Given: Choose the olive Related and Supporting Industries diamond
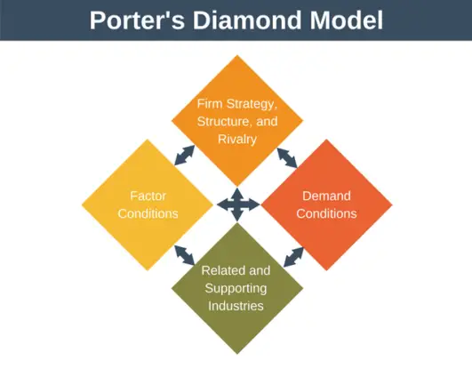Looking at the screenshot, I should coord(236,288).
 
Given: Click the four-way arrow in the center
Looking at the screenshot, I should coord(237,205).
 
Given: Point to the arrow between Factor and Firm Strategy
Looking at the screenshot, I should coord(185,156).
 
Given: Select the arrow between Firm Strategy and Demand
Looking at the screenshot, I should coord(289,156).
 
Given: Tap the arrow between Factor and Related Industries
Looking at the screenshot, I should coord(185,255).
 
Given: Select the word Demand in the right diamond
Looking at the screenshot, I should coord(326,196).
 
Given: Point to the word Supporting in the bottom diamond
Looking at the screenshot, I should coord(236,288).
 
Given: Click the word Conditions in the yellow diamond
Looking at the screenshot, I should coord(148,213).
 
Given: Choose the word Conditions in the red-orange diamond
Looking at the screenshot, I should coord(326,213).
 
